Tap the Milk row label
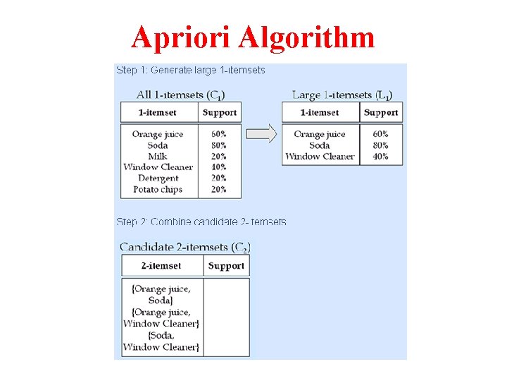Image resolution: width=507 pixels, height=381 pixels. (x=158, y=156)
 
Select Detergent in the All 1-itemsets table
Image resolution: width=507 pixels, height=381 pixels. (x=158, y=178)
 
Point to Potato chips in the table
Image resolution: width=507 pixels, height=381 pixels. (x=158, y=189)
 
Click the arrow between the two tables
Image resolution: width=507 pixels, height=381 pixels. (x=261, y=134)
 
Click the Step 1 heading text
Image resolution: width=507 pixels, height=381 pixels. (x=190, y=70)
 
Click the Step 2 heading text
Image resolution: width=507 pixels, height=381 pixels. (x=201, y=222)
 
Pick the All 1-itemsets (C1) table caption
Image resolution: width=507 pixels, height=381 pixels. (x=181, y=95)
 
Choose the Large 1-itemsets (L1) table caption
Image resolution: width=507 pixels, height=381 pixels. (x=342, y=95)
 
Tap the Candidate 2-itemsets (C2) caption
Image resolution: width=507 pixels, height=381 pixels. (x=185, y=247)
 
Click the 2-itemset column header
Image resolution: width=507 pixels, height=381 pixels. (x=161, y=266)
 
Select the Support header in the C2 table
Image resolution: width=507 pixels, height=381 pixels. (x=226, y=266)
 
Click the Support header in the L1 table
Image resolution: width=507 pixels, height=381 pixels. (x=381, y=112)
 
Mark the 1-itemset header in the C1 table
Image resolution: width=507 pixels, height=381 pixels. (x=158, y=112)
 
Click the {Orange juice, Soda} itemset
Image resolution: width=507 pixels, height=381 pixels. (x=161, y=294)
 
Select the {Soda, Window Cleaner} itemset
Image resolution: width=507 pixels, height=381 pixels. (x=161, y=341)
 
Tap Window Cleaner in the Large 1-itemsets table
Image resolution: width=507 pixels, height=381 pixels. (x=320, y=156)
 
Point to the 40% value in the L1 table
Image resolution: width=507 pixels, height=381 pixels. (x=381, y=156)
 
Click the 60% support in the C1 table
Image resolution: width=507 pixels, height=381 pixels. (x=218, y=134)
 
